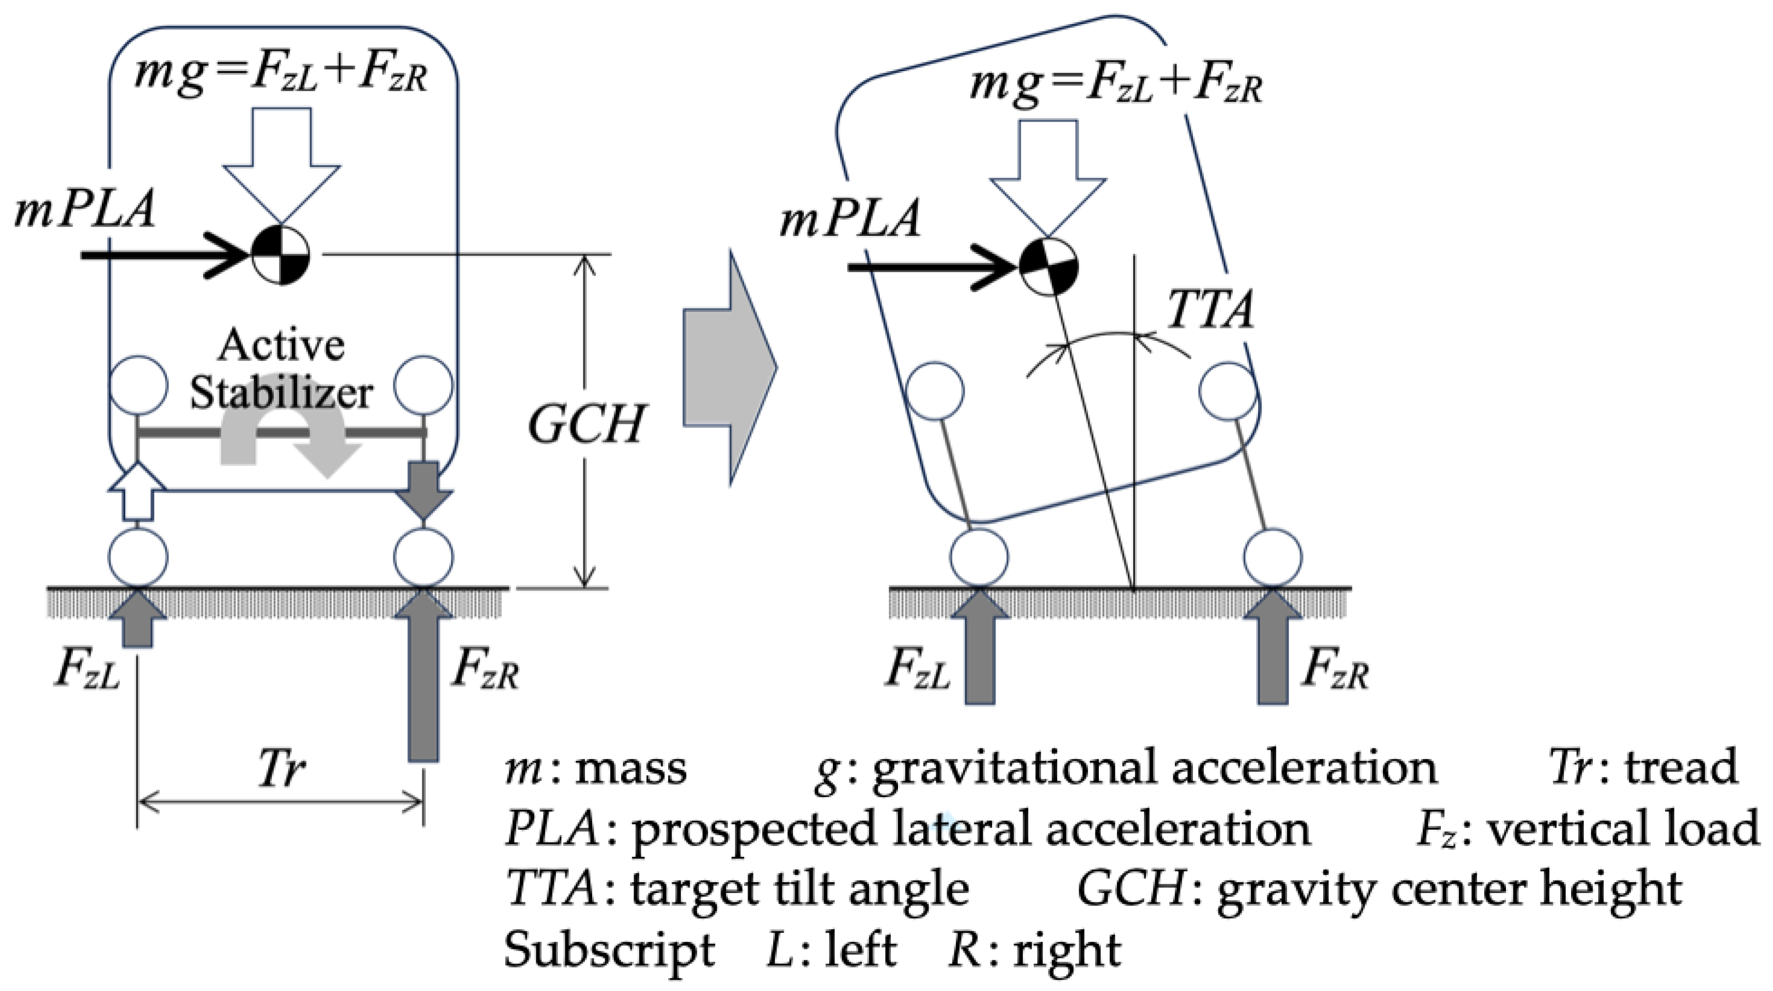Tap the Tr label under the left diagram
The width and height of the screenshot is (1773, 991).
pos(281,769)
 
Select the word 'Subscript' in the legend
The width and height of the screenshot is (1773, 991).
pos(609,951)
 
